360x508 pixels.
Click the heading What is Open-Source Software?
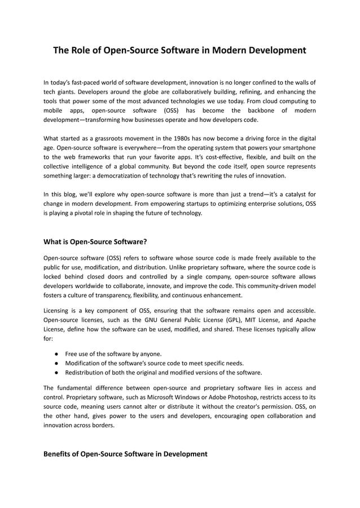pyautogui.click(x=95, y=242)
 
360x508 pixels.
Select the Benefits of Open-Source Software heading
pyautogui.click(x=125, y=453)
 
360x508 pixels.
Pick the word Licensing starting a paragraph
pyautogui.click(x=59, y=311)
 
